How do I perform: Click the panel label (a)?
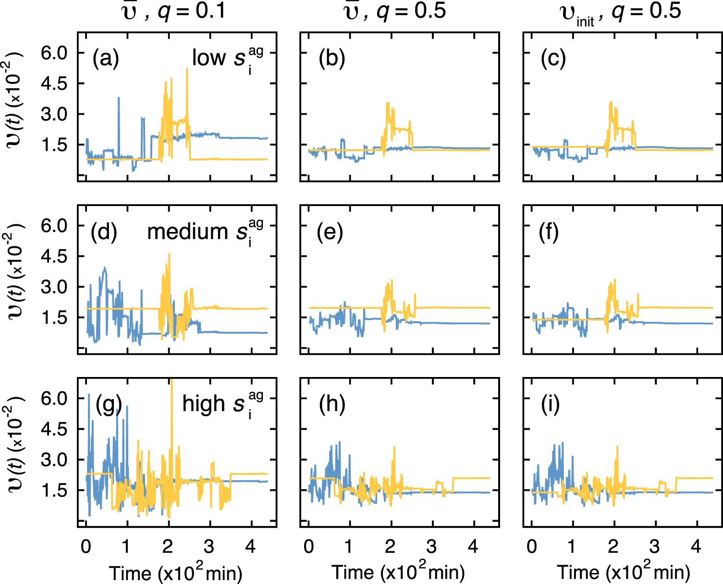pos(106,59)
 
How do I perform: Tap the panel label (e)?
pos(330,232)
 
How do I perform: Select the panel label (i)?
pos(550,405)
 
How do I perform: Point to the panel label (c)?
pos(553,59)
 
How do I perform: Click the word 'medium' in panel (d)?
pos(187,232)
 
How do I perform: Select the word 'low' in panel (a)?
pos(209,58)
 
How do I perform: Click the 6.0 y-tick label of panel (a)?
pos(55,53)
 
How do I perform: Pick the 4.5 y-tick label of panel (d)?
pos(55,256)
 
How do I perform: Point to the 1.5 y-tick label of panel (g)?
pos(55,490)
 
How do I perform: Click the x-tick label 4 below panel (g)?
pos(250,547)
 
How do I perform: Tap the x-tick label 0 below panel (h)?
pos(309,547)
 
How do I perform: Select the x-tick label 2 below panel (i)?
pos(613,547)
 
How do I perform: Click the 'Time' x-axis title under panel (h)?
pos(352,572)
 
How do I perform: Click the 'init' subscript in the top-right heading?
pos(585,21)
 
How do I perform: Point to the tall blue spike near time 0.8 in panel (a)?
pos(118,98)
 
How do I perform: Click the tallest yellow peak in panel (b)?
pos(387,103)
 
